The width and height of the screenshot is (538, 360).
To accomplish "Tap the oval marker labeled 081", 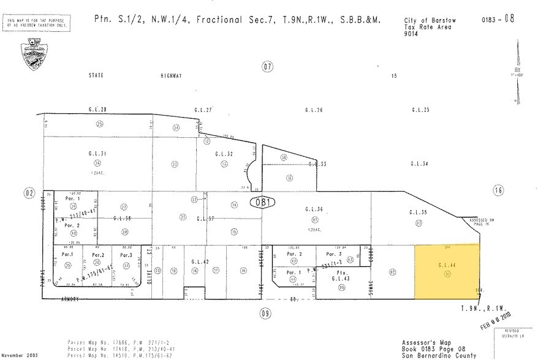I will tap(262, 201).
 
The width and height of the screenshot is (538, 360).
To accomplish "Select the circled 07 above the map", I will tap(267, 67).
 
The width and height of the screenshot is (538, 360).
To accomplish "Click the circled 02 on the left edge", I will tap(29, 193).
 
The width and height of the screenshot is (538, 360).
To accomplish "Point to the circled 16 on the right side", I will tap(498, 190).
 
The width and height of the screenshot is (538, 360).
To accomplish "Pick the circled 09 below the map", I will tap(265, 314).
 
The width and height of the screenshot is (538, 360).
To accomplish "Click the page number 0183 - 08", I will tap(498, 18).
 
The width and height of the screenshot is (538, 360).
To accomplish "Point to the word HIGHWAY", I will tap(172, 76).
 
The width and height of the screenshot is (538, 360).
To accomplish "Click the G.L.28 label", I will tap(97, 110).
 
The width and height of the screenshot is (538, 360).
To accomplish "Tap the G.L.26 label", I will tap(314, 110).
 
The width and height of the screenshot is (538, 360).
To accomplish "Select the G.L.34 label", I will tap(419, 163).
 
